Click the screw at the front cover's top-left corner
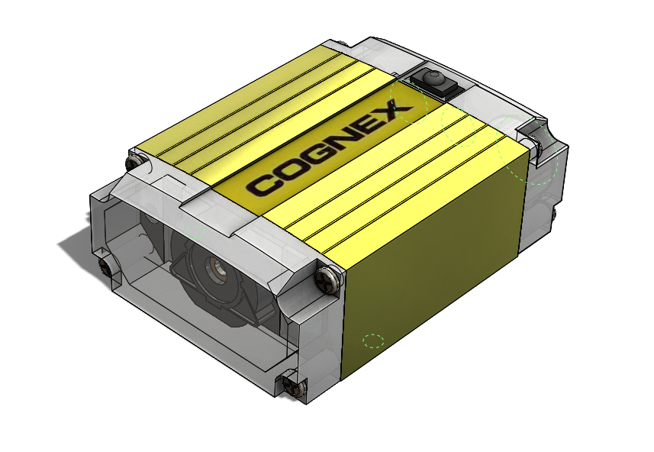(136, 163)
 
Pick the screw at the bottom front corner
(290, 385)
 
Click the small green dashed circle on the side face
(373, 341)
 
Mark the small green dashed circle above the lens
(191, 228)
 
